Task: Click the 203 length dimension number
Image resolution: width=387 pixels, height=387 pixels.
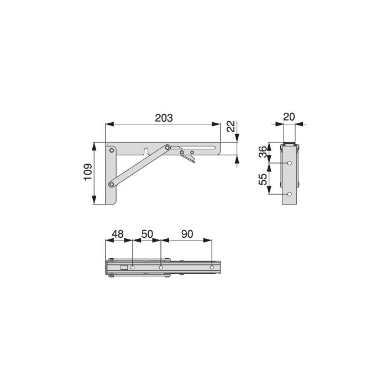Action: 164,118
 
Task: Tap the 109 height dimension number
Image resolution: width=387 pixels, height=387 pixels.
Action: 88,173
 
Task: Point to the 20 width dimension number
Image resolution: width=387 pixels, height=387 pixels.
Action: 289,117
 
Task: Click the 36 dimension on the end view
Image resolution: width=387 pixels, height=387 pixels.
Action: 263,153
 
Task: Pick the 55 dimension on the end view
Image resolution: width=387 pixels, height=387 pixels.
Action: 263,179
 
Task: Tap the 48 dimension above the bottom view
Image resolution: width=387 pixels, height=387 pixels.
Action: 117,234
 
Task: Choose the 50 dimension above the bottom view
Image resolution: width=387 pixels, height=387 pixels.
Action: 147,234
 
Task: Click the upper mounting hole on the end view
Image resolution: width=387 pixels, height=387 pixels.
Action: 290,164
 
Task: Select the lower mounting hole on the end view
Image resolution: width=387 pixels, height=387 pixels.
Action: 290,194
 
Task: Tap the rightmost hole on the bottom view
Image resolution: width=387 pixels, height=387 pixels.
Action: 211,268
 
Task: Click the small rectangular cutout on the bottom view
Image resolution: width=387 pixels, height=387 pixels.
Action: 124,268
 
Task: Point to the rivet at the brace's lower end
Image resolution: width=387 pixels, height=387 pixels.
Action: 112,184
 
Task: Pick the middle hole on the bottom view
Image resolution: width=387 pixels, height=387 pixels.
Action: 160,268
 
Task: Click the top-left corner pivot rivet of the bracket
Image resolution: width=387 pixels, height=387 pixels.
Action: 112,149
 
